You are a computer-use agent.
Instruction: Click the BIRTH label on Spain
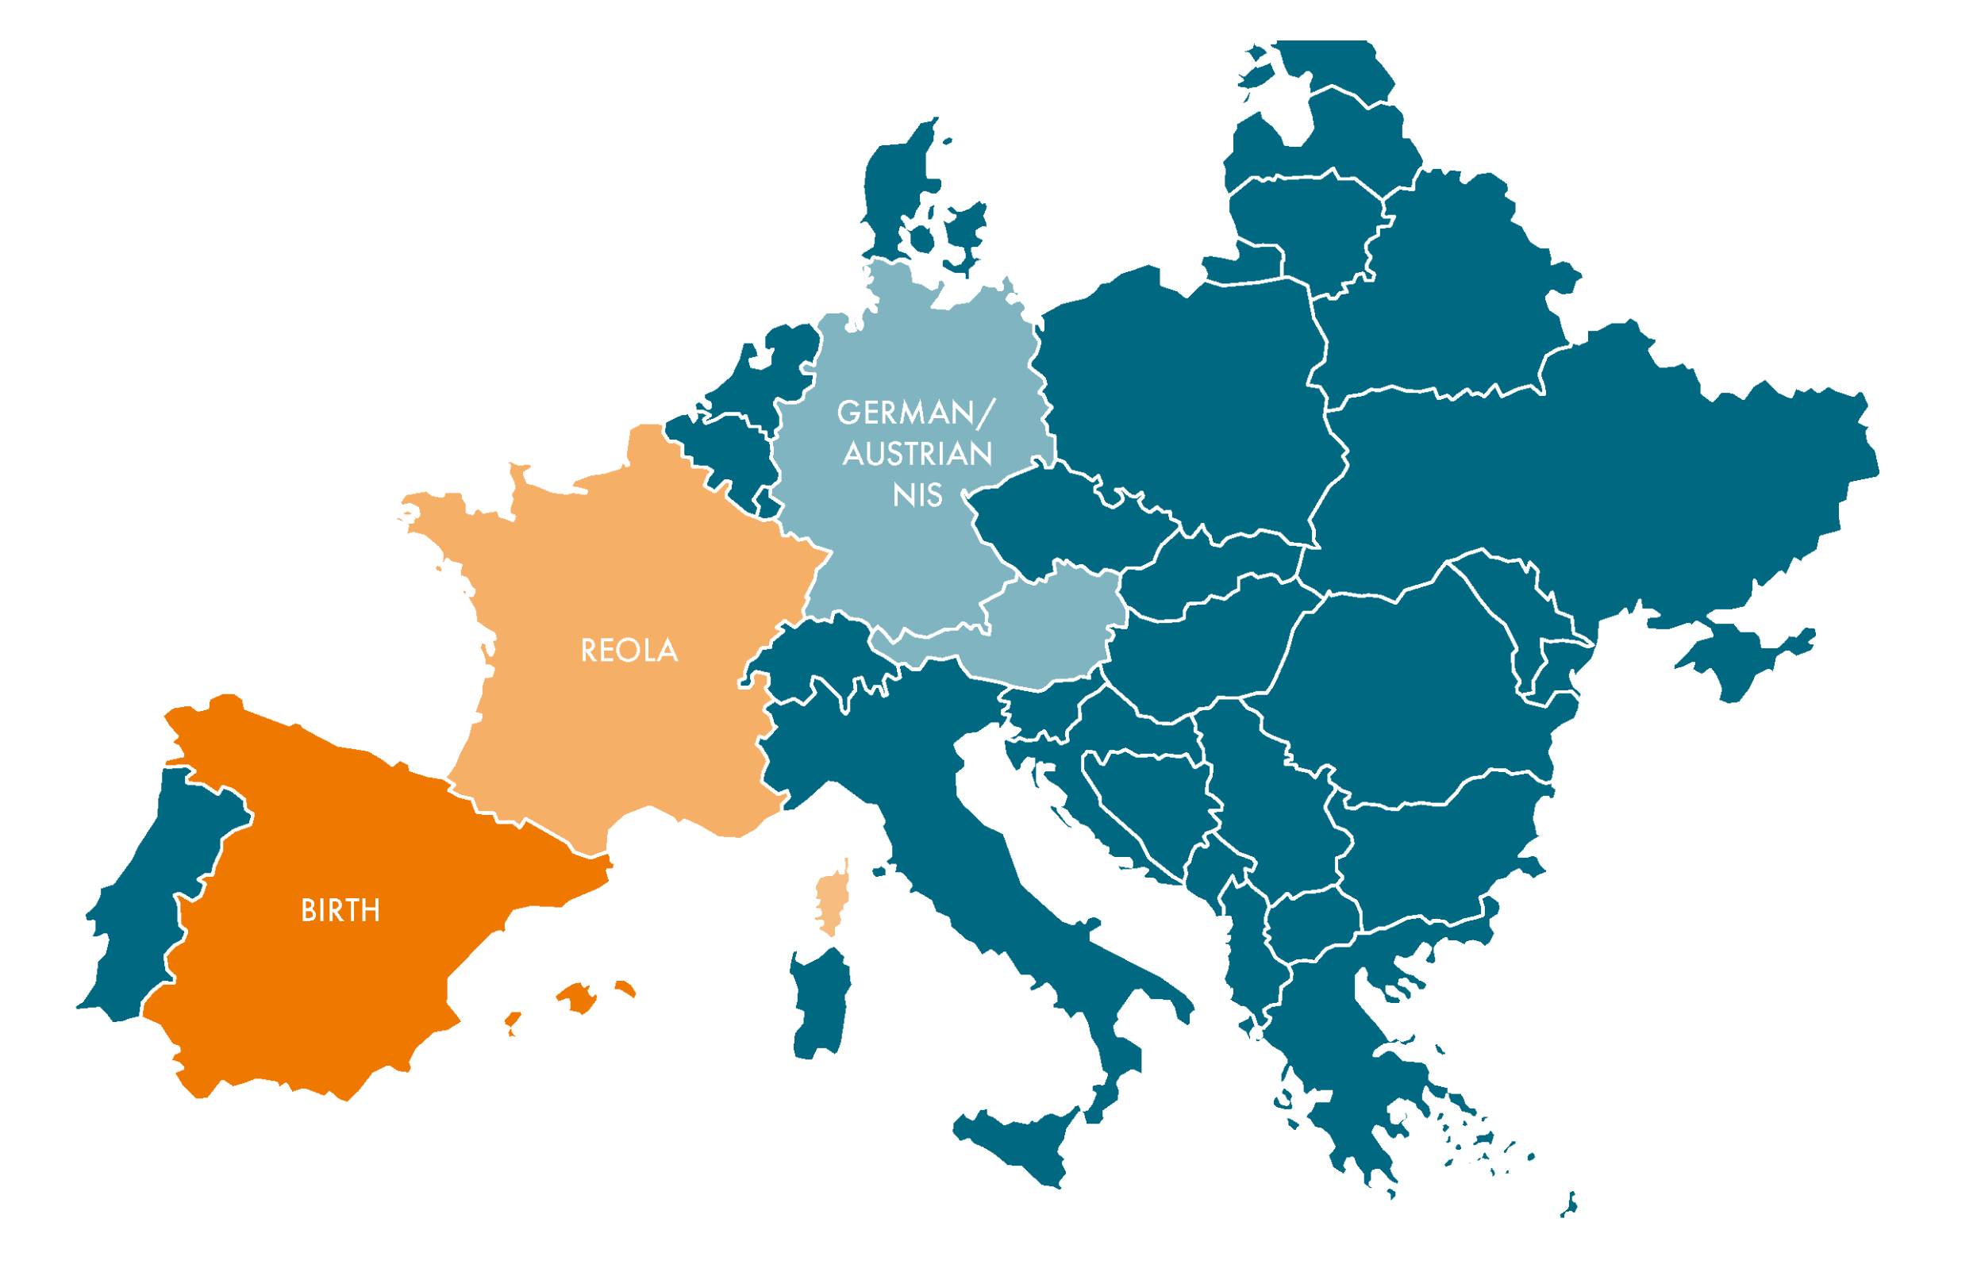340,911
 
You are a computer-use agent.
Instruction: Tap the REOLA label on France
629,651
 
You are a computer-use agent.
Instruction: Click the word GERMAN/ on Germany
916,413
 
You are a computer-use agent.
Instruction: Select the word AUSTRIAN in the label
917,454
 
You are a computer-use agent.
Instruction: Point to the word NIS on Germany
917,496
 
